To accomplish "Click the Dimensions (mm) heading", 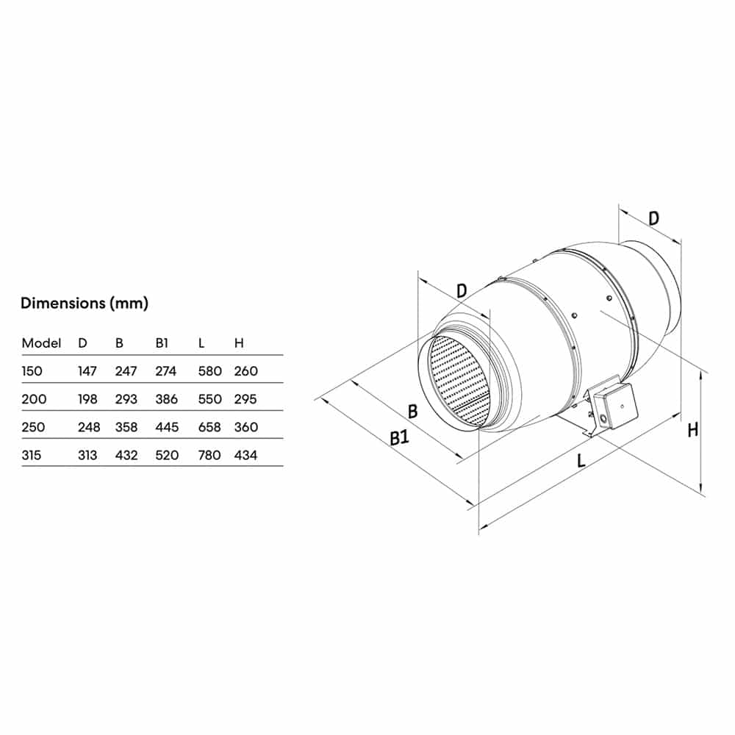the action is point(85,304).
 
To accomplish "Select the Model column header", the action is point(41,343).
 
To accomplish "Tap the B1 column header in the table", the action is point(162,343).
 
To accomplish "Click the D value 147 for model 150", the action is point(87,371).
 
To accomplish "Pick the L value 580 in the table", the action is point(209,371).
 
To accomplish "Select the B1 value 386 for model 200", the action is point(166,399).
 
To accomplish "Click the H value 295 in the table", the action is point(245,399).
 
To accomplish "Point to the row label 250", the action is point(33,427).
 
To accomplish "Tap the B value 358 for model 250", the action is point(126,427).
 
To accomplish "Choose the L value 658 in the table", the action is point(209,427).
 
